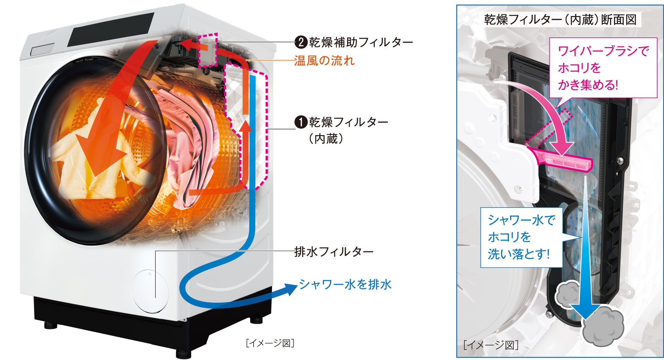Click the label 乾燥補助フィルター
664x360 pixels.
(x=360, y=42)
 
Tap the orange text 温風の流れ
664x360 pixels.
(x=324, y=61)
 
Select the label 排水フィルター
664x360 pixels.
(x=333, y=252)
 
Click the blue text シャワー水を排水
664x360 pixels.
(x=345, y=284)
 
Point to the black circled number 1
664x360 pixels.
(x=301, y=122)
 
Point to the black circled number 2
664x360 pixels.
(x=301, y=42)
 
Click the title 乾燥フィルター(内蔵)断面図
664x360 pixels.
(x=560, y=20)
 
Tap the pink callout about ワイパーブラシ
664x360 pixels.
(x=603, y=68)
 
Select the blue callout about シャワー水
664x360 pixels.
(x=521, y=237)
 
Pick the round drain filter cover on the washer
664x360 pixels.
(x=150, y=292)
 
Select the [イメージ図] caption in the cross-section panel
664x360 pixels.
(x=491, y=345)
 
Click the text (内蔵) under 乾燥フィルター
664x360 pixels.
(x=326, y=139)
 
